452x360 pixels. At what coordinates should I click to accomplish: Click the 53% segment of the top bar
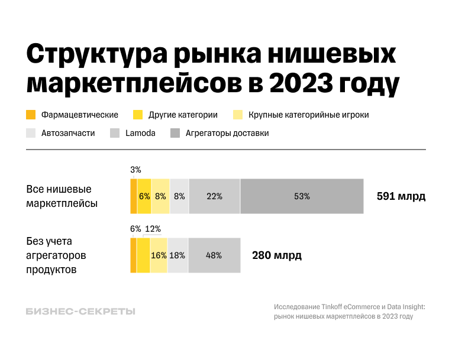coord(302,196)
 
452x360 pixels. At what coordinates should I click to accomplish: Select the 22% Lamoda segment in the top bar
coord(214,196)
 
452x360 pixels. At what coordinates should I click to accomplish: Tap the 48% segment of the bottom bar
coord(214,255)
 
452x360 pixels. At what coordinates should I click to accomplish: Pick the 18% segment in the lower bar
coord(177,255)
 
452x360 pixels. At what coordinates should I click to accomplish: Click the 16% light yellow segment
coord(159,255)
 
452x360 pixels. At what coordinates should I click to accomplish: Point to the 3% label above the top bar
coord(135,170)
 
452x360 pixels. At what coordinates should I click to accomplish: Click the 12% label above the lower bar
coord(153,229)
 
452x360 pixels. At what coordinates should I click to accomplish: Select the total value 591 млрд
coord(401,196)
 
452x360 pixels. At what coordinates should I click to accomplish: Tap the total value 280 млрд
coord(277,255)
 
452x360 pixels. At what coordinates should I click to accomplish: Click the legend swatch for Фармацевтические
coord(31,115)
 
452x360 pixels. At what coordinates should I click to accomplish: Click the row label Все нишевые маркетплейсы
coord(62,196)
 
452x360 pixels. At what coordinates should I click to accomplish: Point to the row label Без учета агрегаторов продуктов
coord(56,255)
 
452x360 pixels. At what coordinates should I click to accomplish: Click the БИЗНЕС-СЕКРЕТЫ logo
coord(80,312)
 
